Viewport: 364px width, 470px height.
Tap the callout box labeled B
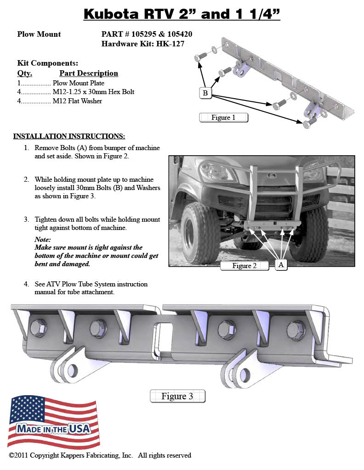tap(205, 93)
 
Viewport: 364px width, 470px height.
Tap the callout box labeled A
tap(281, 265)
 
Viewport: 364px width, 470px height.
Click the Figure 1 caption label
tap(223, 117)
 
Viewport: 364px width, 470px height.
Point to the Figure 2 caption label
tap(245, 266)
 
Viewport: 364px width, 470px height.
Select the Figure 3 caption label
tap(177, 396)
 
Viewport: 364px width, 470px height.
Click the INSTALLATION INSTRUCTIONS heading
tap(69, 136)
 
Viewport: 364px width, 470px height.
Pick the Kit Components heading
tap(47, 63)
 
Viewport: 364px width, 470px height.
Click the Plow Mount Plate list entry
tap(79, 83)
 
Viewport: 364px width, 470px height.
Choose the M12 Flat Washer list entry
tap(77, 101)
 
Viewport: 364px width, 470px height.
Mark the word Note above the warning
tap(43, 240)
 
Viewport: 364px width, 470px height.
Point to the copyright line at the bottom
tap(100, 455)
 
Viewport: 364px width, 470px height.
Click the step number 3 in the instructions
tap(27, 219)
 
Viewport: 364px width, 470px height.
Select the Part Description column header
tap(89, 73)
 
